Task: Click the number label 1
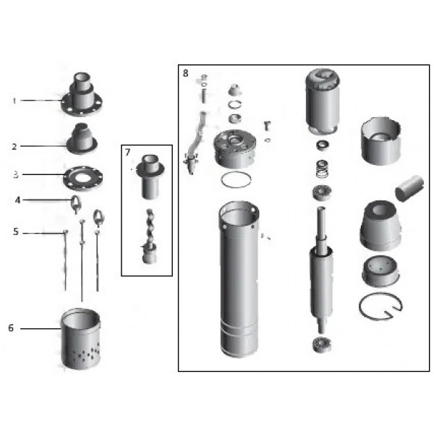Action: coord(14,101)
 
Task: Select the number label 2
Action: coord(14,145)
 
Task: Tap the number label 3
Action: coord(14,174)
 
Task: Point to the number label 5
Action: coord(14,231)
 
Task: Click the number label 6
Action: coord(11,328)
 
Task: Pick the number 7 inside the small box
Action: coord(128,153)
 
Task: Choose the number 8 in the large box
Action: coord(186,73)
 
